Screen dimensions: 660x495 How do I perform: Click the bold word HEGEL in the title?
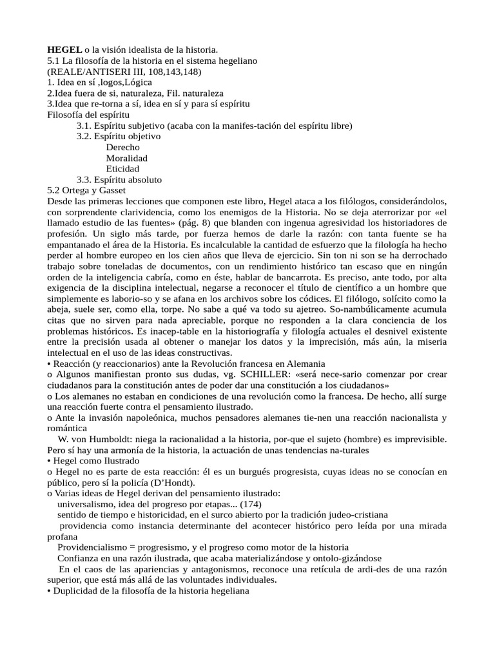coord(64,50)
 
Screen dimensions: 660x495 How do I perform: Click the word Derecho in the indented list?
coord(122,147)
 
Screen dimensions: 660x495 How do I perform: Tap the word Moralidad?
coord(127,158)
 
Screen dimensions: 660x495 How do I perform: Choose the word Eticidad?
coord(122,169)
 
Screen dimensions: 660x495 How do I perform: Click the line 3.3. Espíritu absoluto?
coord(119,180)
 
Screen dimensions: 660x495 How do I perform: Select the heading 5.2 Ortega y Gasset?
coord(87,191)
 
